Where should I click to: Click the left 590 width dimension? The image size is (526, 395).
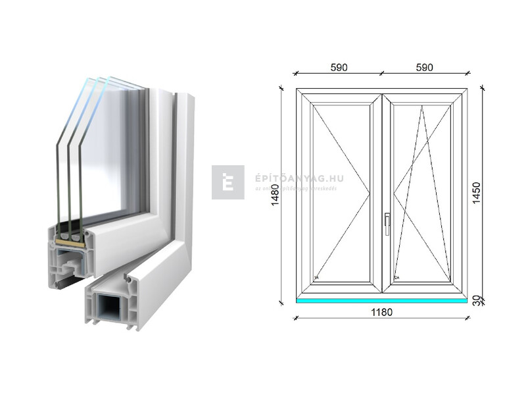[339, 68]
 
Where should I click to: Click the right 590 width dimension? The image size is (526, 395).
[424, 68]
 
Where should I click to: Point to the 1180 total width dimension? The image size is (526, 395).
[381, 312]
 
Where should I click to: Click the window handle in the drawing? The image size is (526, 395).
[387, 223]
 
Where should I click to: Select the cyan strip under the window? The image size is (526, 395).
[381, 300]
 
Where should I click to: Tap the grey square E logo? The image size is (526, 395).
[227, 182]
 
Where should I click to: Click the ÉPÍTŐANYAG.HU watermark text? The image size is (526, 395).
[299, 178]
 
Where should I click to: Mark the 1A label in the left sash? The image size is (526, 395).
[316, 277]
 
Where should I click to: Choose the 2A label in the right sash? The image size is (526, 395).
[396, 277]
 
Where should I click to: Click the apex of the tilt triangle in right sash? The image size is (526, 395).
[422, 107]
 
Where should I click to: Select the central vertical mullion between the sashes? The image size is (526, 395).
[382, 193]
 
